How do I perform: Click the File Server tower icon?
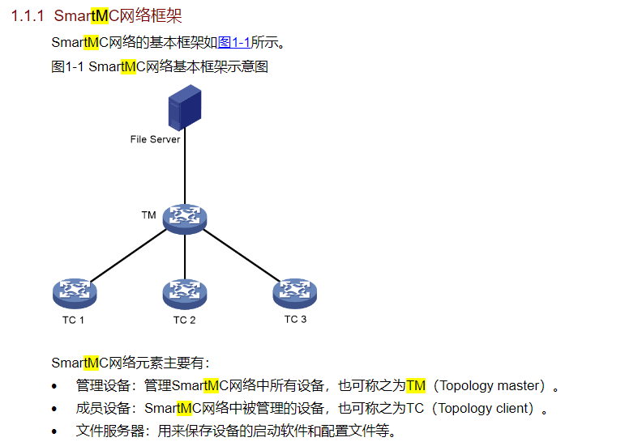pyautogui.click(x=185, y=108)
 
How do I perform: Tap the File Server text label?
pyautogui.click(x=155, y=139)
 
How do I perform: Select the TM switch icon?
pyautogui.click(x=185, y=219)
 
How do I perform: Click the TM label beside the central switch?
pyautogui.click(x=148, y=215)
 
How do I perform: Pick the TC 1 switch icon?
pyautogui.click(x=75, y=294)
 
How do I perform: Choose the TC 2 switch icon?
pyautogui.click(x=185, y=294)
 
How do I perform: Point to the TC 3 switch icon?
pyautogui.click(x=294, y=294)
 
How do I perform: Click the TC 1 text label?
pyautogui.click(x=73, y=321)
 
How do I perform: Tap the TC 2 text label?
pyautogui.click(x=184, y=321)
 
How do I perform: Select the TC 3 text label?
pyautogui.click(x=295, y=319)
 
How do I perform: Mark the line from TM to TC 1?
pyautogui.click(x=128, y=255)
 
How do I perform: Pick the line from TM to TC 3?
pyautogui.click(x=242, y=255)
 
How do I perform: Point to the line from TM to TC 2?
pyautogui.click(x=185, y=257)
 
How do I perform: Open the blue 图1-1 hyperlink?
pyautogui.click(x=234, y=42)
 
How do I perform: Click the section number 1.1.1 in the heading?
pyautogui.click(x=27, y=16)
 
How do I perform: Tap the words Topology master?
pyautogui.click(x=492, y=385)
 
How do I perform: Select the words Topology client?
pyautogui.click(x=486, y=408)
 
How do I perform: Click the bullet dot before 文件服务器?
pyautogui.click(x=54, y=431)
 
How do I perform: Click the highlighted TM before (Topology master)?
pyautogui.click(x=416, y=385)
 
